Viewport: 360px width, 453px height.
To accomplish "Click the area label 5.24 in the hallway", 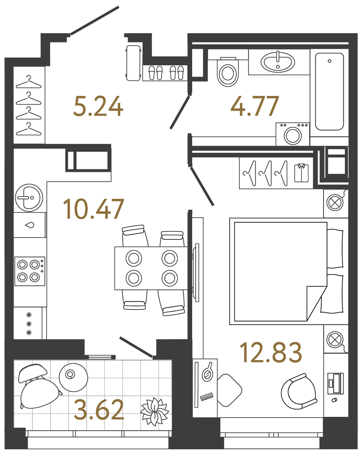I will coord(98,106).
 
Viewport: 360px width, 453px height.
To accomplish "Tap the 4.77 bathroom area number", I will coord(255,106).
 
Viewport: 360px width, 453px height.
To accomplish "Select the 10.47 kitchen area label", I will coord(93,209).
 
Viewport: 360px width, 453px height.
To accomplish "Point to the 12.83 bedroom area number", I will coord(271,353).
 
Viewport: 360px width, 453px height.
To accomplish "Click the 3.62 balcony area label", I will coord(99,410).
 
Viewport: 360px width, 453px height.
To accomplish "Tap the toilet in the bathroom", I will coord(228,72).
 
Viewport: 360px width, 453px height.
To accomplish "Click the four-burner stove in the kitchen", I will coord(30,271).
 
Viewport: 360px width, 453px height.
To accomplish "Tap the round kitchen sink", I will coord(29,198).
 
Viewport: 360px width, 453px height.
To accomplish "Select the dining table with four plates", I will coord(151,268).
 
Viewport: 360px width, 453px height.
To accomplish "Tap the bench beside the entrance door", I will coord(133,63).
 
